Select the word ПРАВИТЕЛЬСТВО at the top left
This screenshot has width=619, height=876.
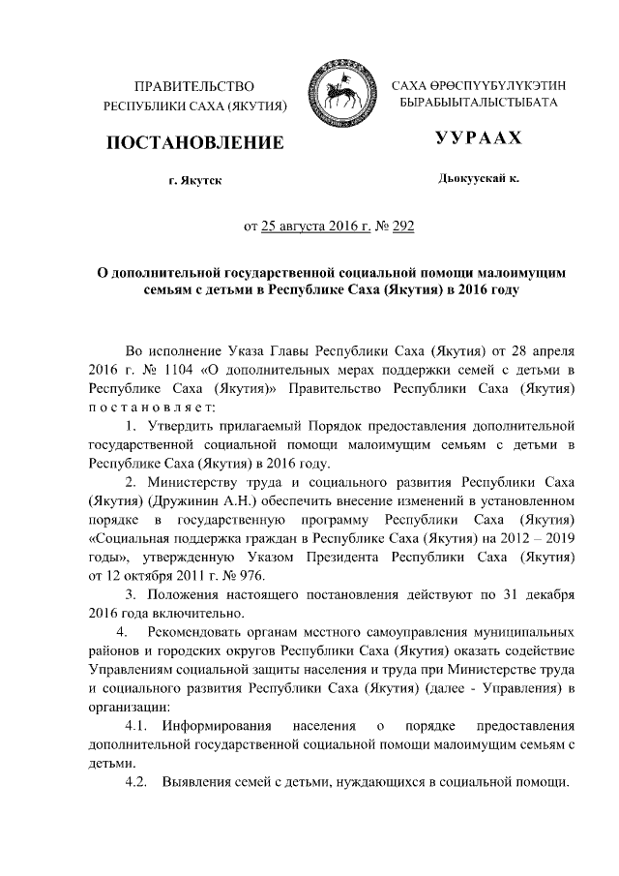pos(194,87)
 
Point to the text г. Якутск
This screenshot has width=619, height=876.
pos(194,181)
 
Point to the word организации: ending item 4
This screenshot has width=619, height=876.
pos(128,707)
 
